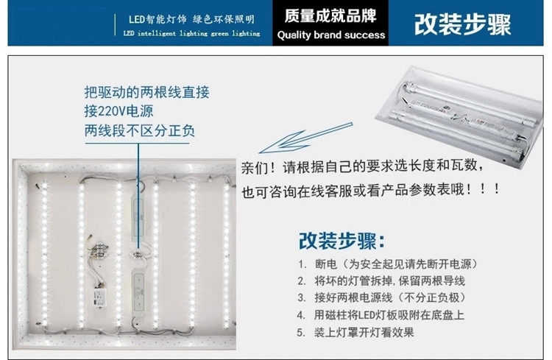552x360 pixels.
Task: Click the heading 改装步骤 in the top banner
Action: pos(462,24)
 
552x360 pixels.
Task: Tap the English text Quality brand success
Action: pos(331,35)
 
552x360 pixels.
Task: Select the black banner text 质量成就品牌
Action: pos(331,16)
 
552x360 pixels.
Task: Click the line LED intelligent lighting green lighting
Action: pos(191,34)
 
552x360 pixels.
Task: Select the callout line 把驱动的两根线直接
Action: pos(147,93)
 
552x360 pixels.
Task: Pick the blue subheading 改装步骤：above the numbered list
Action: pos(342,241)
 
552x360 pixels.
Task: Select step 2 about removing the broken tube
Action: pos(381,280)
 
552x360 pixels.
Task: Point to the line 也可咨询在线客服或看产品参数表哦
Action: pos(372,190)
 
